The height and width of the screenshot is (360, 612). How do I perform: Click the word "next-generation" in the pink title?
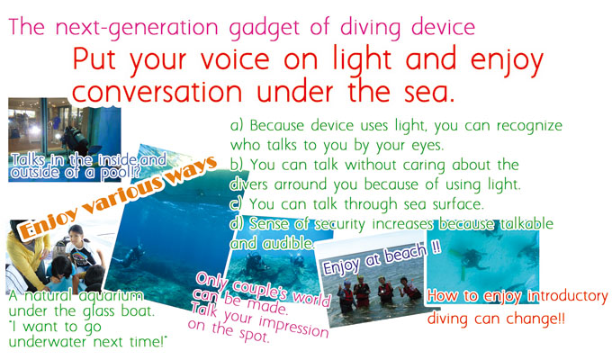(x=137, y=28)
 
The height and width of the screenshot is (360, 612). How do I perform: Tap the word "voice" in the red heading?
(x=235, y=59)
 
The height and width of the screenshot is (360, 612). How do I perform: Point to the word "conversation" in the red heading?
(x=157, y=93)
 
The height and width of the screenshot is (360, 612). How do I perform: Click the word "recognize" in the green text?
(x=529, y=126)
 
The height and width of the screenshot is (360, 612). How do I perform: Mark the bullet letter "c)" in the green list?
(x=236, y=203)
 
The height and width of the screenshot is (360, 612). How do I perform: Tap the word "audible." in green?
(x=288, y=244)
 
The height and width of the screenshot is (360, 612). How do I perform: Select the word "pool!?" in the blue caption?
(x=121, y=173)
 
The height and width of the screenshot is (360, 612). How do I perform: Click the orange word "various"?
(x=124, y=193)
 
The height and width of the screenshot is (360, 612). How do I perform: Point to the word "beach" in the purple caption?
(x=406, y=254)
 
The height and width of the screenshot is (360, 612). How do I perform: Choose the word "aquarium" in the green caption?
(x=111, y=295)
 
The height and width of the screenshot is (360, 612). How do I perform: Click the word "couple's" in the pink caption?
(x=261, y=289)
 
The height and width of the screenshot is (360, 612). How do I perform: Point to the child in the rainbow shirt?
(x=82, y=247)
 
